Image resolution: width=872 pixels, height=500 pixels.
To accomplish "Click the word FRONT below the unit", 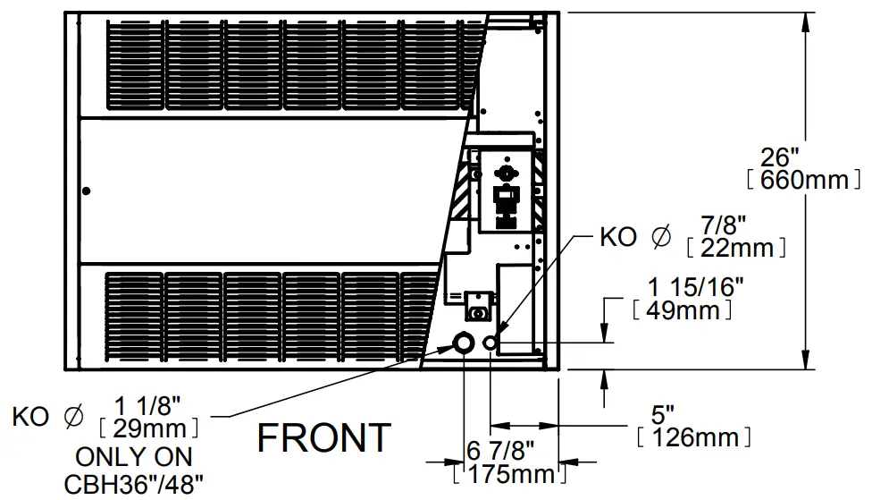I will point(324,438).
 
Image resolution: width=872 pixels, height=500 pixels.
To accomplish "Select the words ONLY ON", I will point(134,457).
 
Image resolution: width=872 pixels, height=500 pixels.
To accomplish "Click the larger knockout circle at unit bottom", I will point(464,343).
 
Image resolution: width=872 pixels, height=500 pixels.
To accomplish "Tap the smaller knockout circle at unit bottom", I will point(490,343).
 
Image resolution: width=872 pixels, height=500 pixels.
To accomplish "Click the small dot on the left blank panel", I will point(86,190).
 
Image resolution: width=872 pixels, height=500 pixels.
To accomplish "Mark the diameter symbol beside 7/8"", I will point(661,237).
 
